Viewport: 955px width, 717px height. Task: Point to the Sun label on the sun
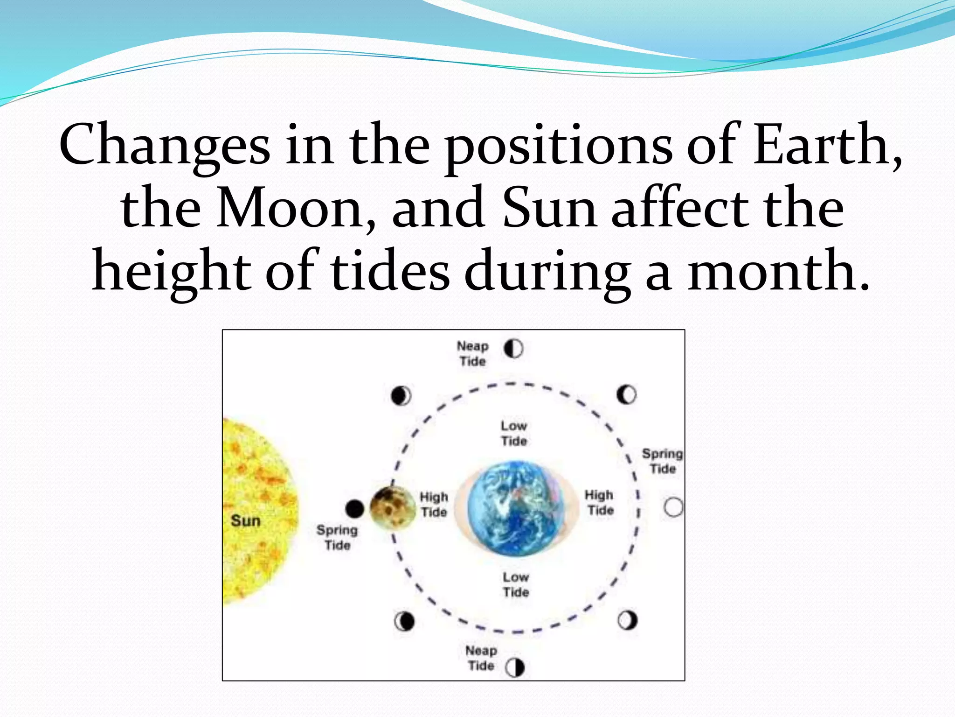click(245, 520)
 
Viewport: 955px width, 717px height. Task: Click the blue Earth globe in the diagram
click(516, 509)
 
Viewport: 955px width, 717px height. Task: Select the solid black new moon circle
click(354, 508)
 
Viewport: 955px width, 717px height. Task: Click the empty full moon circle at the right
click(673, 507)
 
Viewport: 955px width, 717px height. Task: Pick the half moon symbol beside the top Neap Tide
click(513, 349)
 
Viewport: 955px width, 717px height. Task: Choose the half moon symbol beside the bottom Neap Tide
click(515, 668)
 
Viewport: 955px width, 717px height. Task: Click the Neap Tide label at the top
click(472, 353)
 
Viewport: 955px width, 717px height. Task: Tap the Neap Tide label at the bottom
click(481, 658)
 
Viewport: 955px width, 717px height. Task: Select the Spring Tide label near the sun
click(337, 537)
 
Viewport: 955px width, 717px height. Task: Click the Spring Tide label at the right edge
click(662, 461)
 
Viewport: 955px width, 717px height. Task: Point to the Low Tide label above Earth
click(514, 433)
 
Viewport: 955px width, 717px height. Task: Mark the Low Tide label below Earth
click(516, 584)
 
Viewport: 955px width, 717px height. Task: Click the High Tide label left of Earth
click(434, 504)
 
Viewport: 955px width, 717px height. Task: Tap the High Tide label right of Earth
click(600, 502)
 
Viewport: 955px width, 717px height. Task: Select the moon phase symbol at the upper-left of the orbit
click(401, 396)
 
